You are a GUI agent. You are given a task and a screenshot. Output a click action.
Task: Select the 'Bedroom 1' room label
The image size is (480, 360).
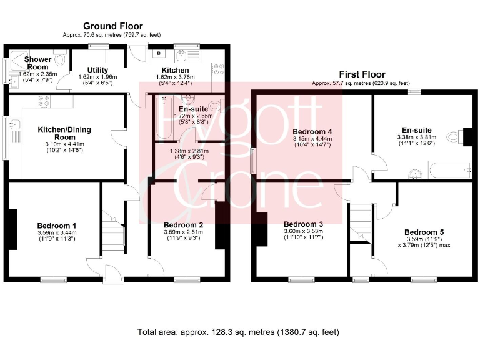(x=56, y=226)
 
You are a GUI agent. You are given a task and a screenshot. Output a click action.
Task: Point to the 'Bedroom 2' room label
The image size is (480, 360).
(x=183, y=225)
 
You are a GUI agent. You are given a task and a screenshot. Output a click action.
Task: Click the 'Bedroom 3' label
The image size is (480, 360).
(x=303, y=224)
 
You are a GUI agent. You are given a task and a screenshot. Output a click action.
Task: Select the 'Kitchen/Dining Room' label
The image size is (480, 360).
(x=56, y=133)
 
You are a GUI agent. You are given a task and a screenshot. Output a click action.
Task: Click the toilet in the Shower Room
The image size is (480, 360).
(x=59, y=59)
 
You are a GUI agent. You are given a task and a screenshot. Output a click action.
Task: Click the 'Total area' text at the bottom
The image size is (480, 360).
(x=238, y=332)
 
